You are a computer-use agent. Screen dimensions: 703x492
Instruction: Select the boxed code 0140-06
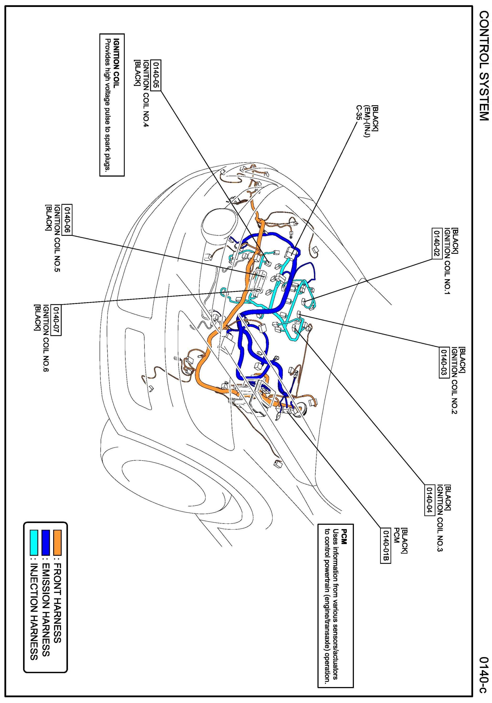coord(67,220)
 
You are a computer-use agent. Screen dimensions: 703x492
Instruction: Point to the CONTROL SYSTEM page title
coord(483,66)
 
